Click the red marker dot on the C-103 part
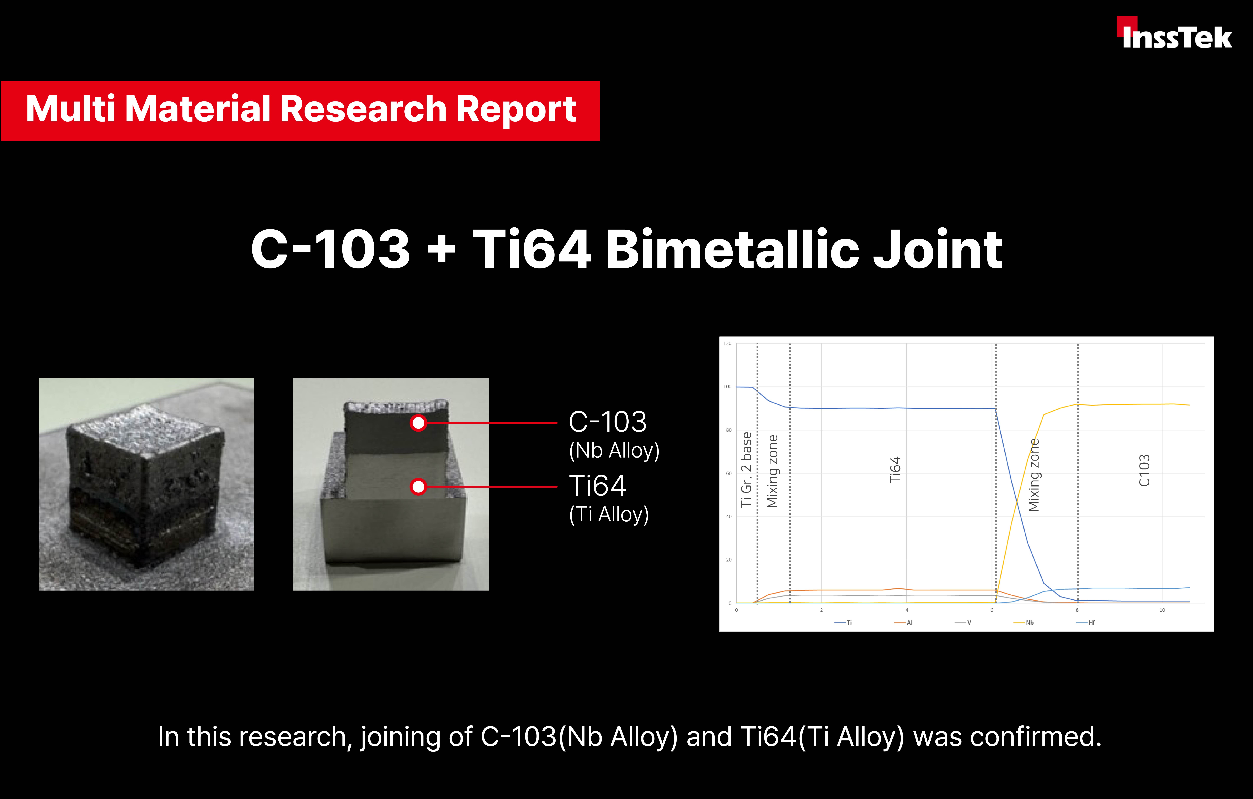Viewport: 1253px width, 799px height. click(418, 423)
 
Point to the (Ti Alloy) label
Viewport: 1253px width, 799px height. click(609, 514)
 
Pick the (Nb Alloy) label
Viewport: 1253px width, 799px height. click(614, 450)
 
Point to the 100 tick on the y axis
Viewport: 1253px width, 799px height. click(727, 386)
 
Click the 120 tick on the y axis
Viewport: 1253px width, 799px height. click(727, 343)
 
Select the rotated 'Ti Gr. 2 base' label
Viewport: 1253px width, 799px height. click(746, 469)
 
